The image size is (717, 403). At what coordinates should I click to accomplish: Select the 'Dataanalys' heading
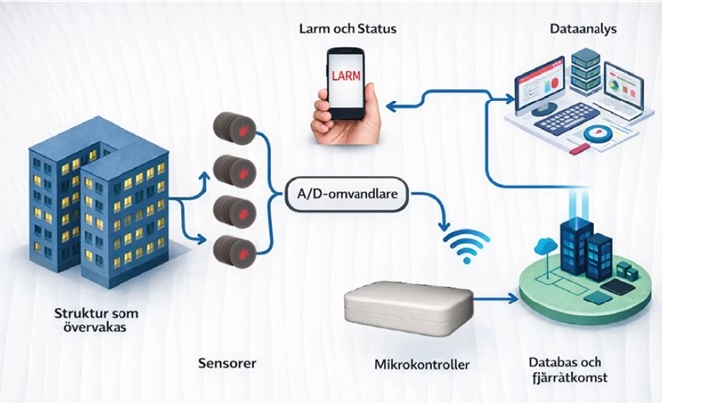point(583,29)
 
